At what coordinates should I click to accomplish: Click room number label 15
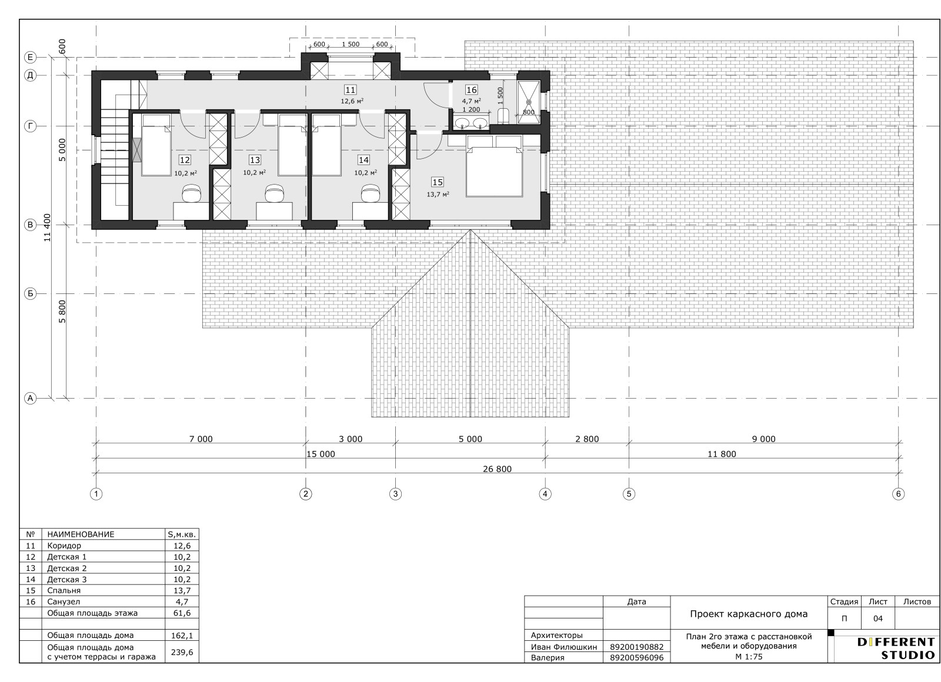point(438,182)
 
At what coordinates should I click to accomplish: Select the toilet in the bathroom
point(503,116)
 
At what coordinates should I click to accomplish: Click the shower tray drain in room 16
point(529,102)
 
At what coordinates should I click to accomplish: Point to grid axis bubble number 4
point(545,494)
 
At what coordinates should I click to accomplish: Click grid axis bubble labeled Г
point(30,126)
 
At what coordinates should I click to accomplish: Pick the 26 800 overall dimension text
point(498,469)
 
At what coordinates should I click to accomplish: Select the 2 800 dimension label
point(587,439)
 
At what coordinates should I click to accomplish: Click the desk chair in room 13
point(274,193)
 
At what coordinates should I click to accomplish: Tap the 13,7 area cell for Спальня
point(182,590)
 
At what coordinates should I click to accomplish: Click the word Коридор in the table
point(64,546)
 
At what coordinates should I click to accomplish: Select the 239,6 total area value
point(182,652)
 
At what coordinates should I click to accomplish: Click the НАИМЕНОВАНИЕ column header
point(81,534)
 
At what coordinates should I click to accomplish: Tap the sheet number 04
point(877,619)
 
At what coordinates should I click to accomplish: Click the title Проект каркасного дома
point(749,614)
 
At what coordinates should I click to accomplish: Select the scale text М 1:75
point(749,657)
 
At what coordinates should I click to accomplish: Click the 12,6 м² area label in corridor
point(352,101)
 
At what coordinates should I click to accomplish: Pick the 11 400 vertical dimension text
point(47,227)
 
